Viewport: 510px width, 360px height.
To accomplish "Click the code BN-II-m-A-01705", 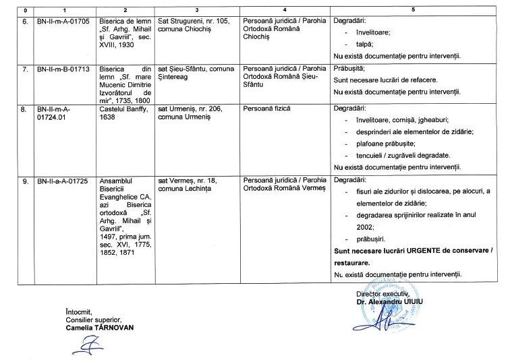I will click(63, 21).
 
